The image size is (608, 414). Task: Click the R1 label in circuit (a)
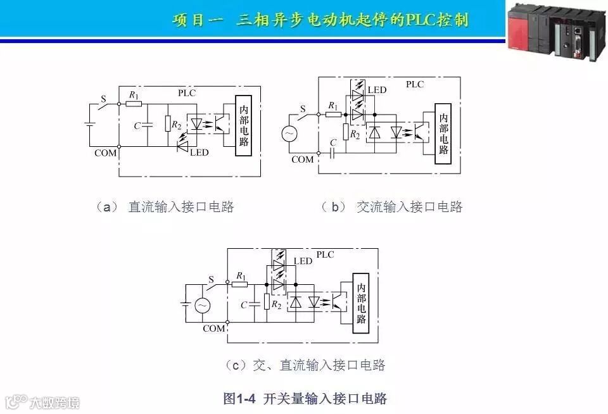click(x=133, y=95)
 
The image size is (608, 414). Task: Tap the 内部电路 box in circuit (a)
click(x=244, y=125)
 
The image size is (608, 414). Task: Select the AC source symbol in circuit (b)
click(x=289, y=134)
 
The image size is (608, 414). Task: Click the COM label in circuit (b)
click(x=303, y=160)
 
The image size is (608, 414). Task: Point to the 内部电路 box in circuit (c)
click(x=361, y=302)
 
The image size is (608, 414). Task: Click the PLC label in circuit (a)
click(x=187, y=93)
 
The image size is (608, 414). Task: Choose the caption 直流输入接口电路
click(x=181, y=206)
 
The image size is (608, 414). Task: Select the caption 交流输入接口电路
click(x=410, y=206)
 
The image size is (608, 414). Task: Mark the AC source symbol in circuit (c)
click(x=202, y=305)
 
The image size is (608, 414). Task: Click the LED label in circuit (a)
click(x=199, y=153)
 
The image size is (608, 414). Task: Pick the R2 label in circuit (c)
click(x=276, y=304)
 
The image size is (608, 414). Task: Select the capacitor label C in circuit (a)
click(x=137, y=125)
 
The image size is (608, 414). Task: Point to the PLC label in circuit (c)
click(x=325, y=254)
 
